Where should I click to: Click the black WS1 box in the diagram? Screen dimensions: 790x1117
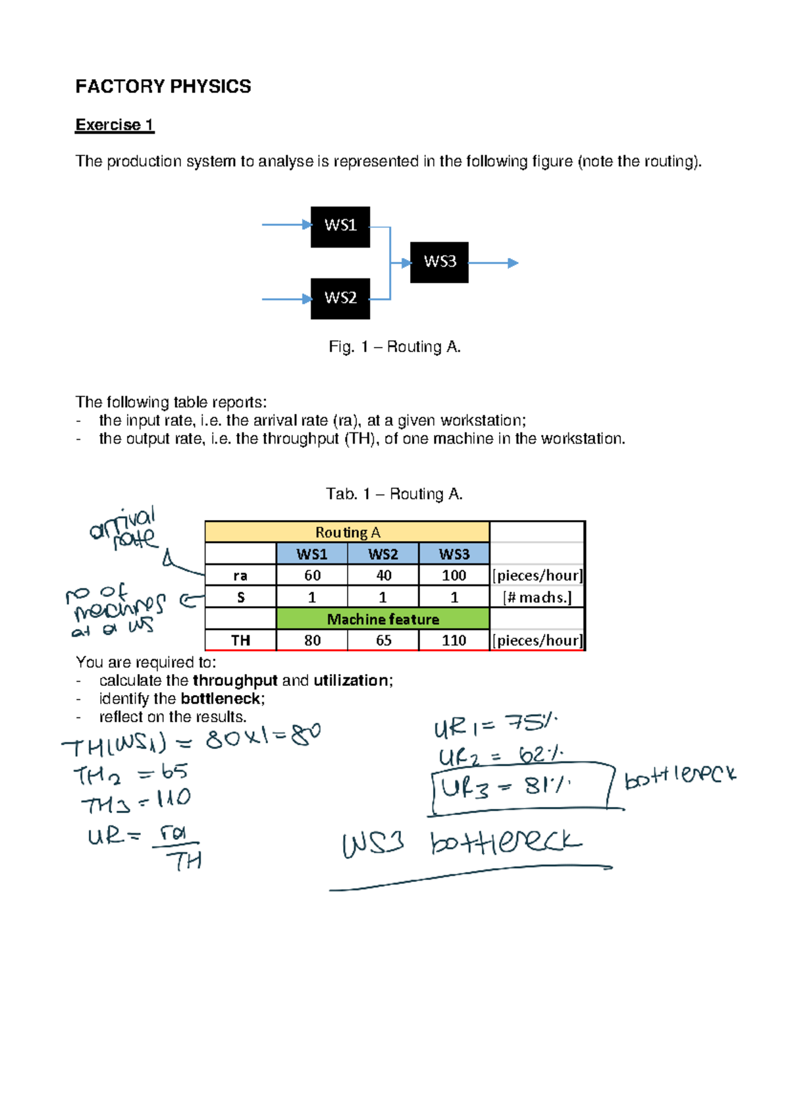click(x=340, y=226)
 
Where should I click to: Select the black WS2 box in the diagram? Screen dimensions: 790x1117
click(x=340, y=298)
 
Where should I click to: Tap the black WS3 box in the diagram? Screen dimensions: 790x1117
click(x=439, y=262)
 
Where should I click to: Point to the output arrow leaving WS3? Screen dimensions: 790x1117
click(x=494, y=263)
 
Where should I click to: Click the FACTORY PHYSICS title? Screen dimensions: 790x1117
click(x=163, y=86)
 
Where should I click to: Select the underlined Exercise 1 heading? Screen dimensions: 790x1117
click(x=115, y=125)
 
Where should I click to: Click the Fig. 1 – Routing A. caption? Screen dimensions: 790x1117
click(x=394, y=347)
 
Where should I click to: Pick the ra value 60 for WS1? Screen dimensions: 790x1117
click(x=312, y=575)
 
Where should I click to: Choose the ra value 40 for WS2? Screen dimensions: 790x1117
click(x=383, y=575)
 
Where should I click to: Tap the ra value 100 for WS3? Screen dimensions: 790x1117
click(x=454, y=575)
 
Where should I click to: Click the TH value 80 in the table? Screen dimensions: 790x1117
click(x=312, y=640)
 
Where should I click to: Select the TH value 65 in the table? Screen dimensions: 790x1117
click(x=383, y=640)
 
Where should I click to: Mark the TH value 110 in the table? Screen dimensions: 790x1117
click(x=454, y=640)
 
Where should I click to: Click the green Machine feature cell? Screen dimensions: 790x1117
click(x=382, y=619)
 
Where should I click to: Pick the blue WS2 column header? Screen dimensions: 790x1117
click(x=383, y=554)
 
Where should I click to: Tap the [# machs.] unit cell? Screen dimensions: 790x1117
click(x=537, y=598)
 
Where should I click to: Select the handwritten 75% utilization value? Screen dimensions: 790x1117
click(x=530, y=724)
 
